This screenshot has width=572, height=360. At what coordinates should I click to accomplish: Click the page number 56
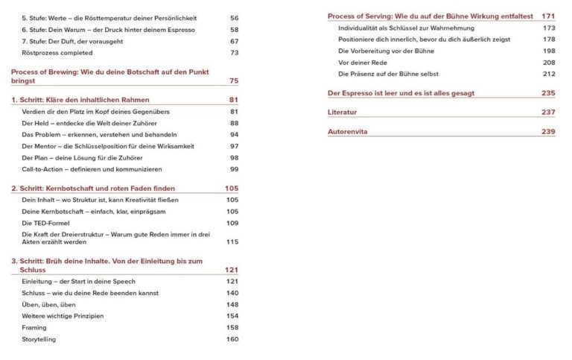pos(234,17)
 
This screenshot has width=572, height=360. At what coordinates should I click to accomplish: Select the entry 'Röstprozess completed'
pos(57,53)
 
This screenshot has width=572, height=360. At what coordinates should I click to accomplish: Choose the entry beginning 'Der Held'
pos(68,123)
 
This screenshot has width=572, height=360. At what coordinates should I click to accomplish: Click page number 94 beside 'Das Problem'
pos(234,135)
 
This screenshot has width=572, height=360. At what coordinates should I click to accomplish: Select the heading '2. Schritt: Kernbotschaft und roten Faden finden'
pos(93,189)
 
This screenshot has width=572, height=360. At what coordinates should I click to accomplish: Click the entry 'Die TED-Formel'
pos(46,224)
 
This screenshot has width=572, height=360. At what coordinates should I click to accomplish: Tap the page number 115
pos(232,241)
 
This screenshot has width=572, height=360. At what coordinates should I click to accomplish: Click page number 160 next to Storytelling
pos(232,340)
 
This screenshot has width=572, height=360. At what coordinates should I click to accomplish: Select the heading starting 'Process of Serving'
pos(431,16)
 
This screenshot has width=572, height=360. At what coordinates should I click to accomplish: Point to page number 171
pos(549,16)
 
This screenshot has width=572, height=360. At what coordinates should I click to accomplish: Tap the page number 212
pos(549,74)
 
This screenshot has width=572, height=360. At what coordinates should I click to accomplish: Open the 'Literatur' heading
pos(343,112)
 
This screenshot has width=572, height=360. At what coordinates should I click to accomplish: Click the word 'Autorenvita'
pos(348,131)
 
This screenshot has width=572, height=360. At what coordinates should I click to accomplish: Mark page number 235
pos(549,93)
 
